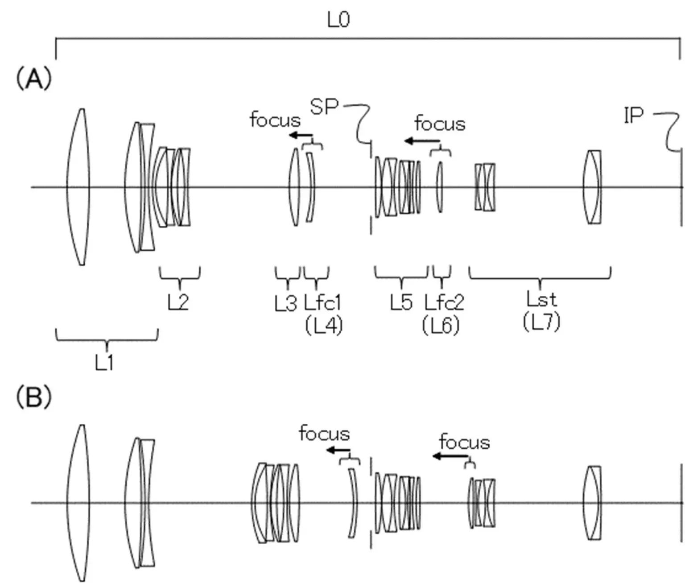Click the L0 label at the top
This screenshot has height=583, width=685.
click(338, 20)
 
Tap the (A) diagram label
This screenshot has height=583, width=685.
click(33, 79)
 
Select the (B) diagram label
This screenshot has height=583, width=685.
click(33, 397)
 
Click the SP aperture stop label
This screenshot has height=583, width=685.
click(324, 107)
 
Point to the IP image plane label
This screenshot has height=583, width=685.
click(633, 116)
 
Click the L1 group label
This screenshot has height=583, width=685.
click(104, 363)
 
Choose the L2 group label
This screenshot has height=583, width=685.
click(178, 303)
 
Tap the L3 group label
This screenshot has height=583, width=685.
click(285, 304)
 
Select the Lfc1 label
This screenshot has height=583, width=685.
click(322, 303)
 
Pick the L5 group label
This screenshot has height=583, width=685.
click(401, 303)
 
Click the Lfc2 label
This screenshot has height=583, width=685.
click(444, 303)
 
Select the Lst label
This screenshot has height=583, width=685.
click(541, 299)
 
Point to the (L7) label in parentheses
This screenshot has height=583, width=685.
click(541, 322)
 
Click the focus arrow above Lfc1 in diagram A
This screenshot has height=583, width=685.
click(301, 135)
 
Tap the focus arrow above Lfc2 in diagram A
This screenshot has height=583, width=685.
click(421, 141)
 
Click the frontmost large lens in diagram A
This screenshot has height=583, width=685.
click(78, 187)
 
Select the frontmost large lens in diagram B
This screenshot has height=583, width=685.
click(78, 503)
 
